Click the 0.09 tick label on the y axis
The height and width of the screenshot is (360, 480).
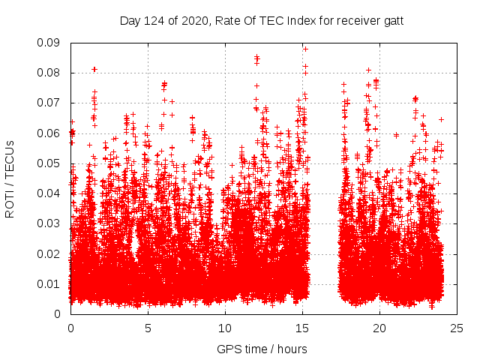(52, 43)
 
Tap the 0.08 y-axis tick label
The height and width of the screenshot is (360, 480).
(52, 73)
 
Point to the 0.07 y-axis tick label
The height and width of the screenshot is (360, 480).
(52, 103)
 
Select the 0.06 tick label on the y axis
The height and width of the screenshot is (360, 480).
(52, 133)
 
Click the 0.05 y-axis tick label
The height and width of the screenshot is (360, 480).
(52, 163)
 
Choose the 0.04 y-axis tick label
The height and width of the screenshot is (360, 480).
(52, 193)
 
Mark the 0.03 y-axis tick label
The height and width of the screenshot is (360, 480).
(52, 223)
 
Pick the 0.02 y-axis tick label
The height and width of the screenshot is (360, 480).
(52, 253)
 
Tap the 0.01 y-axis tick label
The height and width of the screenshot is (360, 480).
(52, 283)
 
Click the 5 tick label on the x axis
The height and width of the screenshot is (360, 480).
(148, 328)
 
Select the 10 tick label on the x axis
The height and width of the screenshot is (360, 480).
(225, 328)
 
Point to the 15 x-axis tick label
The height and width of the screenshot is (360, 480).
(302, 328)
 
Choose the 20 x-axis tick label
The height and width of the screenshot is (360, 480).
(380, 328)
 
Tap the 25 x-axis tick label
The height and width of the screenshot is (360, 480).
(457, 328)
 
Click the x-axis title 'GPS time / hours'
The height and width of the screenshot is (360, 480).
(262, 349)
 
